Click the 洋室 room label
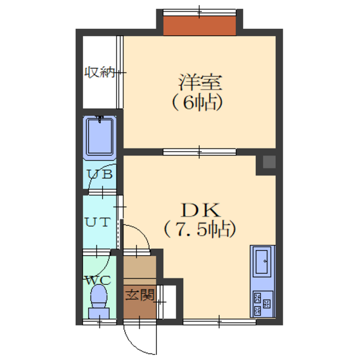pyautogui.click(x=200, y=82)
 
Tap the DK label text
pyautogui.click(x=201, y=210)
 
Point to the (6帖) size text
pyautogui.click(x=197, y=102)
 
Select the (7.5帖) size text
pyautogui.click(x=199, y=229)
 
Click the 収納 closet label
pyautogui.click(x=100, y=72)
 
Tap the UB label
pyautogui.click(x=100, y=174)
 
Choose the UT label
pyautogui.click(x=98, y=222)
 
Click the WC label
pyautogui.click(x=98, y=280)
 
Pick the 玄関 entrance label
pyautogui.click(x=139, y=294)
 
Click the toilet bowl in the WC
pyautogui.click(x=99, y=296)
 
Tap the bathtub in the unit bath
pyautogui.click(x=100, y=137)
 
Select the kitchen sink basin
pyautogui.click(x=262, y=262)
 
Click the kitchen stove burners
pyautogui.click(x=262, y=303)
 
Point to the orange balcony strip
pyautogui.click(x=199, y=26)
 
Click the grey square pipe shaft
pyautogui.click(x=269, y=162)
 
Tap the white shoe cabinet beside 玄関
pyautogui.click(x=168, y=302)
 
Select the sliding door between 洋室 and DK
pyautogui.click(x=199, y=152)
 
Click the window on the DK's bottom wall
pyautogui.click(x=219, y=321)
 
